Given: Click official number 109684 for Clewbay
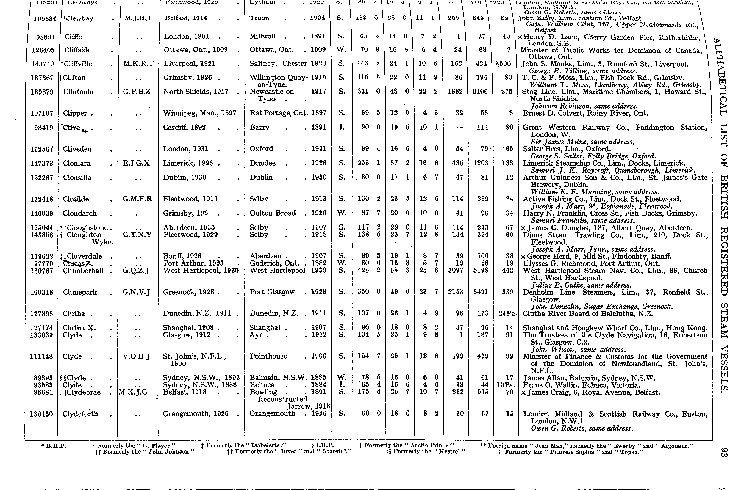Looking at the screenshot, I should click(45, 18).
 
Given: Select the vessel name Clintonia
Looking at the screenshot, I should click(78, 92).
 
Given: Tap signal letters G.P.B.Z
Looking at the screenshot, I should click(136, 92).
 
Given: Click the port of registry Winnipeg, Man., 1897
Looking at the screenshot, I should click(199, 113).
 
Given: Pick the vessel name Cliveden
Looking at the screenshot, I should click(77, 149).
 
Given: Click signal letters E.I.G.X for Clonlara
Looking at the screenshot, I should click(136, 163).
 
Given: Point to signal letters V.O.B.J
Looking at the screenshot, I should click(136, 356).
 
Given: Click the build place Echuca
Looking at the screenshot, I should click(262, 385).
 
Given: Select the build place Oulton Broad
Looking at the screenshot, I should click(272, 213).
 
